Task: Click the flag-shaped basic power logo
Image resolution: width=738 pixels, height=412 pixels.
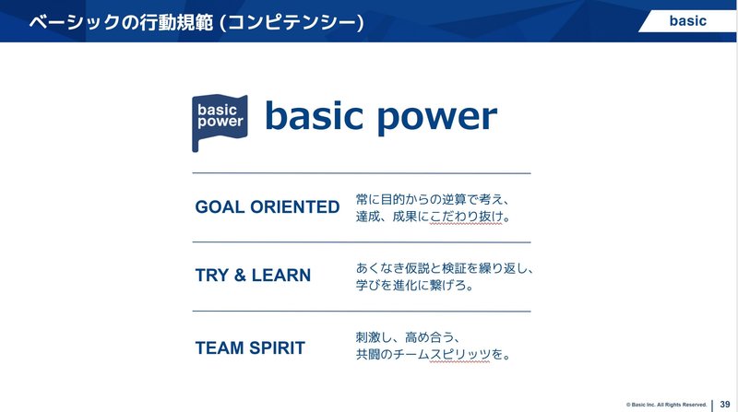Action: tap(220, 123)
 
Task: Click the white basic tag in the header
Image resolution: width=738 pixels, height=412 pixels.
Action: tap(687, 21)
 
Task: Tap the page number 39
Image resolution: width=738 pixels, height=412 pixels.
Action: tap(725, 404)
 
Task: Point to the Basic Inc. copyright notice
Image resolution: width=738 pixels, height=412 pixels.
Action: tap(666, 405)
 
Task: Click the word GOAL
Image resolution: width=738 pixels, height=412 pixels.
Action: tap(220, 207)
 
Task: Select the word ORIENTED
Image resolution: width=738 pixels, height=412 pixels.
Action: tap(294, 207)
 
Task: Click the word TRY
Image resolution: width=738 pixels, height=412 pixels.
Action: tap(212, 276)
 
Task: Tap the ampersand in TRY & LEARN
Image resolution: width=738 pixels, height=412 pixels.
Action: tap(240, 276)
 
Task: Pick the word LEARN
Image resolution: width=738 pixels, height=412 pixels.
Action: tap(281, 276)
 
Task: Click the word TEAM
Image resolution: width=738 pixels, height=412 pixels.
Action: tap(220, 348)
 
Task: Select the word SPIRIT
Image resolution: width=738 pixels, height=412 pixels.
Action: tap(278, 348)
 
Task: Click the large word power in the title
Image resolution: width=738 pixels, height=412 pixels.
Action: tap(437, 118)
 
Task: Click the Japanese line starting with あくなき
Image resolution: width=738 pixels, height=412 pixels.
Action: tap(445, 268)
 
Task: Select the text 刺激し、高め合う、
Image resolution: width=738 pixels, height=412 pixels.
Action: tap(408, 337)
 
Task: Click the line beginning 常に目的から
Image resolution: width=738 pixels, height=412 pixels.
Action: tap(433, 199)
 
